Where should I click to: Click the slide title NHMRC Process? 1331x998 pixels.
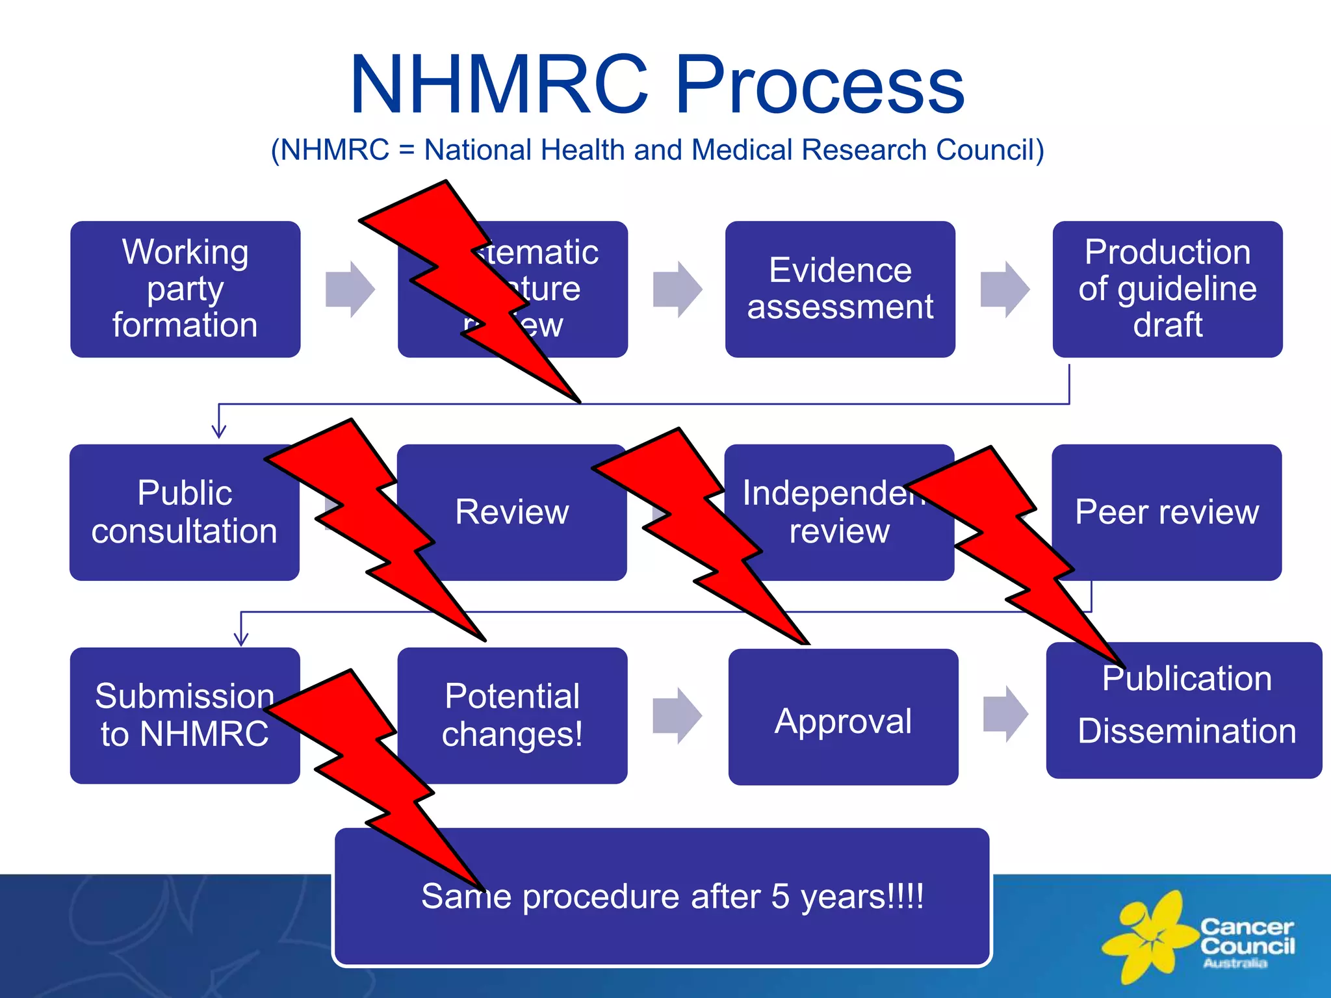[x=657, y=84]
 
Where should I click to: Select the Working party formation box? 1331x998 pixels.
[x=185, y=289]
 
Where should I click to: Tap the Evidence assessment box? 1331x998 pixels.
[x=840, y=289]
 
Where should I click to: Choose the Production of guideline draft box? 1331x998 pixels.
[x=1167, y=289]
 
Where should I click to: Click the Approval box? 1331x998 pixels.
[x=843, y=721]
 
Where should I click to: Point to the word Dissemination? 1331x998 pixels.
[x=1187, y=732]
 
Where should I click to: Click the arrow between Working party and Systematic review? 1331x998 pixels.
[x=350, y=289]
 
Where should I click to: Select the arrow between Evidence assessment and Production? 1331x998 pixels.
[x=1005, y=289]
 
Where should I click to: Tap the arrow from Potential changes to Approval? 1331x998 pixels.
[x=677, y=715]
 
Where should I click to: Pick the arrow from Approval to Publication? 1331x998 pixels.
[x=1005, y=713]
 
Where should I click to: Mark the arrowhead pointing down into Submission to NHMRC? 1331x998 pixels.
[x=241, y=638]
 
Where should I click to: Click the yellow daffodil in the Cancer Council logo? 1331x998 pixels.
[x=1148, y=936]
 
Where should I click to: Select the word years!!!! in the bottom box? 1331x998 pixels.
[x=862, y=897]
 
